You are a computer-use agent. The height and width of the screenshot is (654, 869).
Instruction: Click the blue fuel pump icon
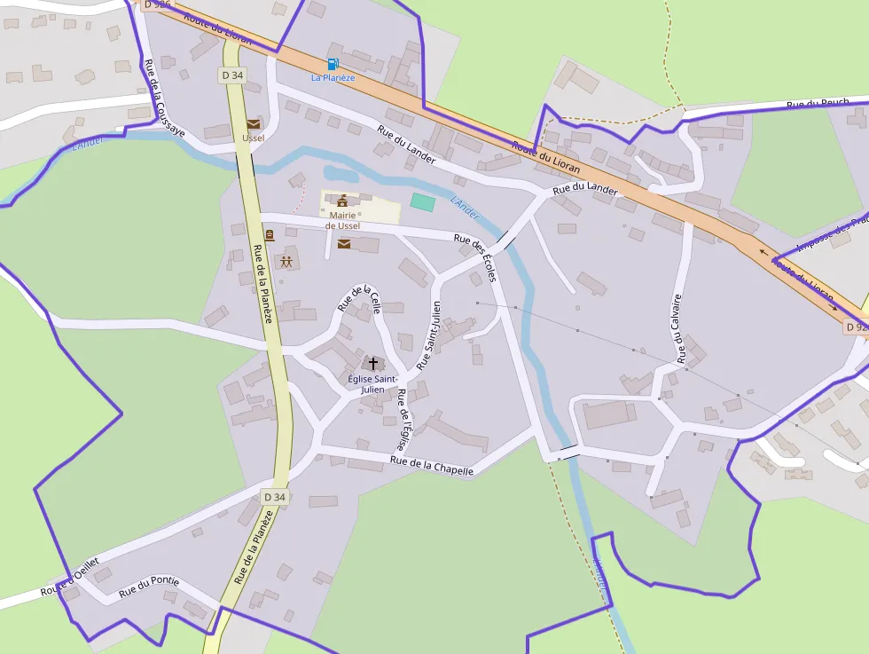point(333,64)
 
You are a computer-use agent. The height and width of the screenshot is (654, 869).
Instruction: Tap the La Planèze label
point(333,78)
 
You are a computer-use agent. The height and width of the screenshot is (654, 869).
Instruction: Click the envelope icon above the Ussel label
point(254,124)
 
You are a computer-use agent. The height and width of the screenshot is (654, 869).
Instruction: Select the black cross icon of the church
point(373,364)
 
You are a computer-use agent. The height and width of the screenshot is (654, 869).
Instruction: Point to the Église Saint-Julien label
point(372,383)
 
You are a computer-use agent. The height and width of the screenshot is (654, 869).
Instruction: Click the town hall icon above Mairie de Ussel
point(342,201)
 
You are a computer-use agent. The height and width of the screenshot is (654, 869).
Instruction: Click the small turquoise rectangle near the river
point(423,202)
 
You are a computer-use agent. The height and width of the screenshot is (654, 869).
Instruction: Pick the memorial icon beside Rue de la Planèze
point(270,235)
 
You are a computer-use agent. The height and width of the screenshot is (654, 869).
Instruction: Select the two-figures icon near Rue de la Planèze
point(286,262)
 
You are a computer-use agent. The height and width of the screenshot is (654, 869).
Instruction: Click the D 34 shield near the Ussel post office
point(232,75)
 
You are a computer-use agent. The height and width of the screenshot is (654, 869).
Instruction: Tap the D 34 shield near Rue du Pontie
point(275,497)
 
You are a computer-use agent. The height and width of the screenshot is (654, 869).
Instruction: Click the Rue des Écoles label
point(475,258)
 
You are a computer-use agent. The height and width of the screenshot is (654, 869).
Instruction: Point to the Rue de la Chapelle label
point(432,465)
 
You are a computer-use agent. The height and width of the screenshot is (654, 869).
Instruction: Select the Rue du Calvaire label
point(679,329)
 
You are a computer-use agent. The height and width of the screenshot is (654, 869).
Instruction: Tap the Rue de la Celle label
point(359,298)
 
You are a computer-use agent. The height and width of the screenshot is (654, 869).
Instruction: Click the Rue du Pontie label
point(149,586)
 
